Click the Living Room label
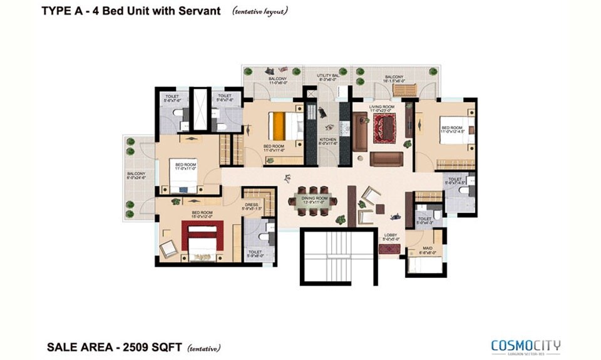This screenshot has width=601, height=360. coord(381,109)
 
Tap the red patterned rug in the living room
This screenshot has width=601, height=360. coord(382,128)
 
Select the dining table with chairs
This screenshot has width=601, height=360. coord(312,201)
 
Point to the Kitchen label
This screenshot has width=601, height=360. coord(328,141)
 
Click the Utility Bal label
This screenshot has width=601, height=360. coord(327,77)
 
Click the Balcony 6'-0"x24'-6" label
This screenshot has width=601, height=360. coord(136,176)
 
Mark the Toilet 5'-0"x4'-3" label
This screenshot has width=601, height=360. coord(424,221)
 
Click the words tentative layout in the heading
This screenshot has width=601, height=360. coord(260,11)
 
